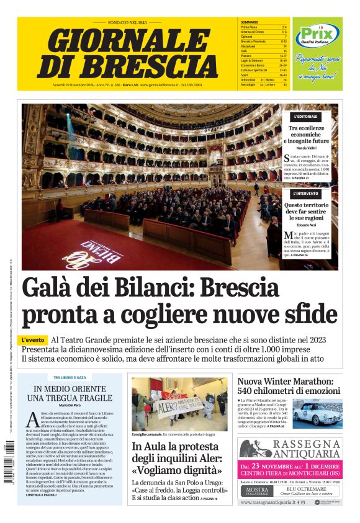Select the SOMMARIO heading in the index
[250, 22]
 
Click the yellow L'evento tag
[34, 340]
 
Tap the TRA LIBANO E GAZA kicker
[70, 378]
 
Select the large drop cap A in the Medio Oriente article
[32, 420]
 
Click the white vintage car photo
[317, 413]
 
